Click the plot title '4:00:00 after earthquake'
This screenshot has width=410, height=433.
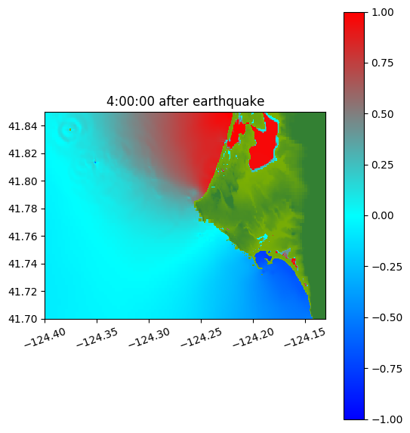tap(186, 101)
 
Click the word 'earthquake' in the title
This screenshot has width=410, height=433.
tap(229, 101)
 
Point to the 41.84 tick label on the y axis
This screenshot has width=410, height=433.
tap(23, 126)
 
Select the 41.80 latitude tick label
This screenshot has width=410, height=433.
tap(23, 181)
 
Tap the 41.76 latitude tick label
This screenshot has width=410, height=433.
tap(23, 237)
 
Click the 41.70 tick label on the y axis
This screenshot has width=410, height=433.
tap(23, 319)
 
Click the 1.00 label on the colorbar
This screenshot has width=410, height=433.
tap(382, 12)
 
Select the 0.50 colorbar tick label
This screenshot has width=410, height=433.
tap(382, 114)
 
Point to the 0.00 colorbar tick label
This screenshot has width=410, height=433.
tap(382, 216)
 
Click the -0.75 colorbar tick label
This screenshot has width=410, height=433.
tap(387, 369)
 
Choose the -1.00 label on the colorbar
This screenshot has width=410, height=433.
tap(387, 419)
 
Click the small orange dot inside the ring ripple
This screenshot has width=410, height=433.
tap(70, 129)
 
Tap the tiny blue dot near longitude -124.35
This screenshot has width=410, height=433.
tap(95, 162)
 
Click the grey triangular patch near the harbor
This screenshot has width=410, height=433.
tap(287, 252)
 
